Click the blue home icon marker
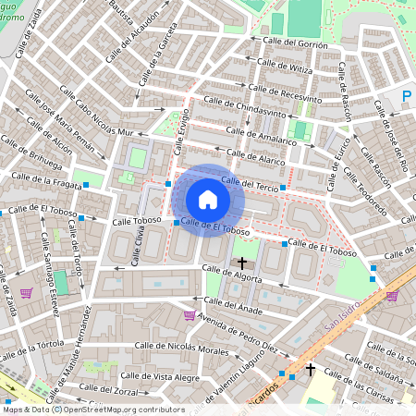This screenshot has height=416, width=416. [x=208, y=200]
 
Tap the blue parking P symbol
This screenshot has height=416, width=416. [x=408, y=96]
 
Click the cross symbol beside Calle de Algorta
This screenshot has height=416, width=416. [x=243, y=263]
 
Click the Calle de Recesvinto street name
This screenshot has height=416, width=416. [x=286, y=92]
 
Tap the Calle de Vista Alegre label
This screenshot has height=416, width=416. [x=161, y=376]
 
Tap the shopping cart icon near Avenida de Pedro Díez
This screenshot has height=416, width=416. [x=190, y=315]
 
